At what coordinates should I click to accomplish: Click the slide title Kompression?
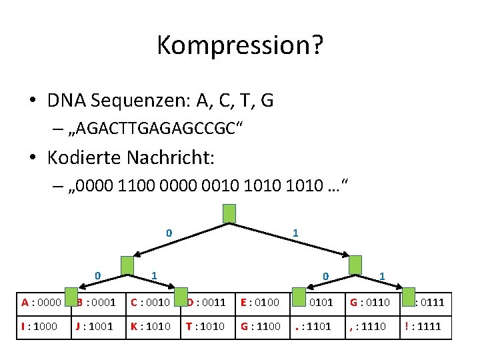click(x=240, y=45)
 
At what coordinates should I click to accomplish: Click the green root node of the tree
click(x=229, y=213)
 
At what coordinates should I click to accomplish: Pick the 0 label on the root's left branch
click(x=169, y=233)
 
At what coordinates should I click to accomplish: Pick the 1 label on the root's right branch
click(x=295, y=233)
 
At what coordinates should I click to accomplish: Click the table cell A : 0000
click(x=43, y=302)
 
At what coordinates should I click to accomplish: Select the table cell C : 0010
click(x=152, y=302)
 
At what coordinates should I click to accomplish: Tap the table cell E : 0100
click(x=262, y=302)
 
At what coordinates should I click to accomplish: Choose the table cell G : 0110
click(x=371, y=302)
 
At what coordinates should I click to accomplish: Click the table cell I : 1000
click(x=43, y=327)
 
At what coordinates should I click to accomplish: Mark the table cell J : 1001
click(x=97, y=327)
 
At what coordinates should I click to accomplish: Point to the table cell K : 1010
click(x=152, y=327)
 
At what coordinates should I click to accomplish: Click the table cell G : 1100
click(x=262, y=327)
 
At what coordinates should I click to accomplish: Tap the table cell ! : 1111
click(x=426, y=327)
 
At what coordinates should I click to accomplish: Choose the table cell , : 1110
click(x=371, y=327)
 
